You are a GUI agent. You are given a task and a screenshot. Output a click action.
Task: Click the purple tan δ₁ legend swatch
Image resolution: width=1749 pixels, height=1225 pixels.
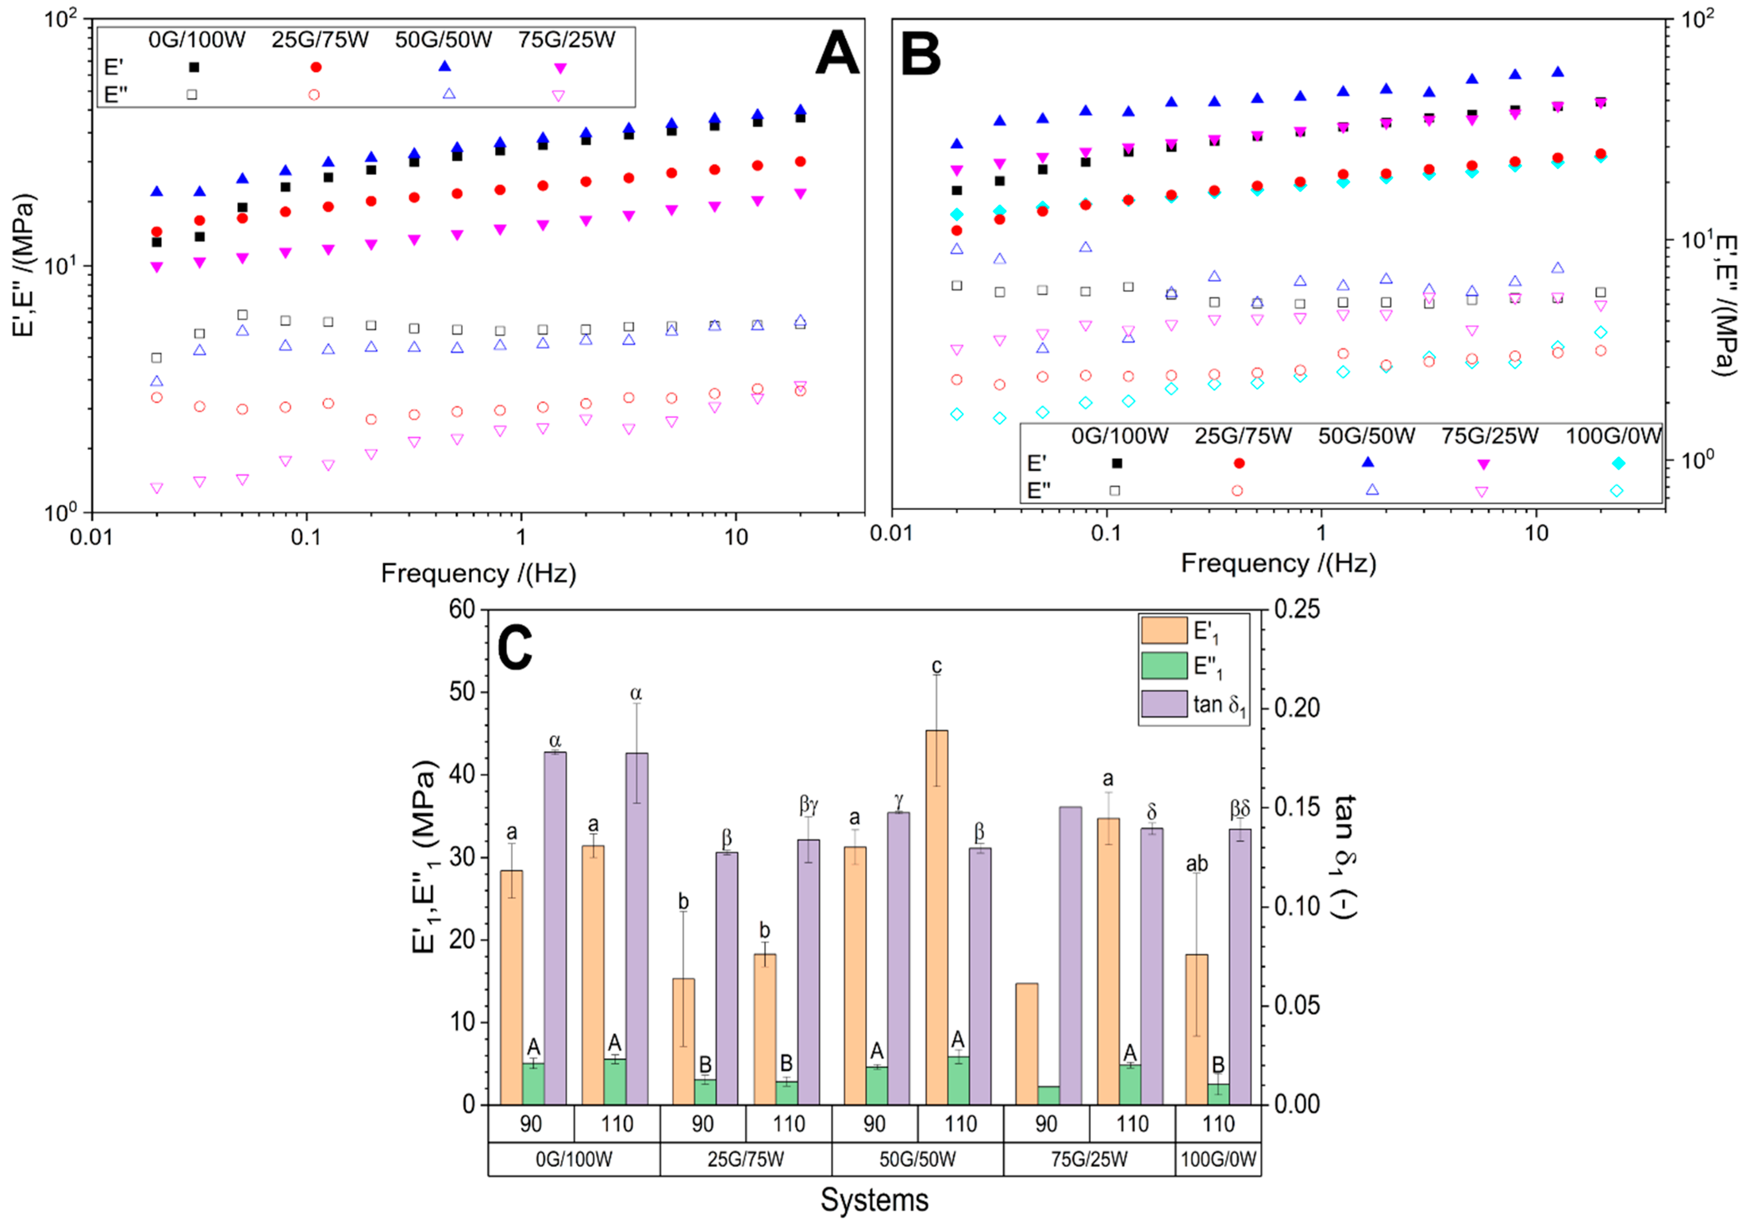[x=1163, y=704]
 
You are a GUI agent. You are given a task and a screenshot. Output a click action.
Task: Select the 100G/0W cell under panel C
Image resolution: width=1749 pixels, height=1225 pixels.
[x=1218, y=1159]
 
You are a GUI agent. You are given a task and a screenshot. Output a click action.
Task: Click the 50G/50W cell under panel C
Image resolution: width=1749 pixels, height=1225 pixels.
[x=917, y=1159]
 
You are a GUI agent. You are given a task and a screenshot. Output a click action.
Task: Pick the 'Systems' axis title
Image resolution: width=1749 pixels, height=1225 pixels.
[x=874, y=1200]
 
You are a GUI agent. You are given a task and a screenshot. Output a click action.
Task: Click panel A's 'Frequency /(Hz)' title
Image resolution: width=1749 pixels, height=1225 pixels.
[x=478, y=573]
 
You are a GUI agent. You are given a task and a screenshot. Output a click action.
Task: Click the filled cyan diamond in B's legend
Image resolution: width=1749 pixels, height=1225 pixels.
[x=1618, y=463]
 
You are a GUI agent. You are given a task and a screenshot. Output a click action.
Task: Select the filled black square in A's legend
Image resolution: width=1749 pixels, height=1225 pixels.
[x=193, y=67]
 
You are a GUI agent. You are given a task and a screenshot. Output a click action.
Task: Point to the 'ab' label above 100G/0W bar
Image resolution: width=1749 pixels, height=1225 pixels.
[x=1197, y=863]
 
